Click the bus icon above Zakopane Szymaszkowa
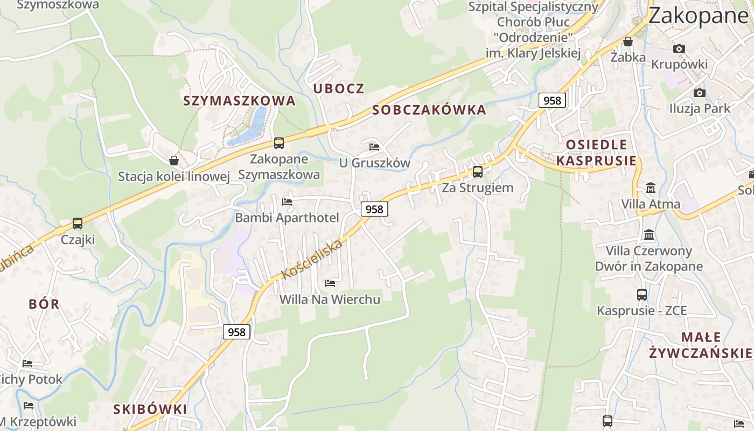[278, 143]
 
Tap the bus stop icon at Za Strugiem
[477, 172]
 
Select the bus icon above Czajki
[78, 224]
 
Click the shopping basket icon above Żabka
[627, 41]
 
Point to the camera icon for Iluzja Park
[699, 93]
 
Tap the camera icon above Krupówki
[679, 48]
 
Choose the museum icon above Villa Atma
[651, 189]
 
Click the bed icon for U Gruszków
[374, 147]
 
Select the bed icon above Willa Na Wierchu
[330, 283]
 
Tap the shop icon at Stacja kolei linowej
[174, 161]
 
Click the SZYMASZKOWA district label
[239, 101]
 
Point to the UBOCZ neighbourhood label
[339, 89]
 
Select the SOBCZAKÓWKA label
[429, 110]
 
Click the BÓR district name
[44, 304]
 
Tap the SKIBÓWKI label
[150, 409]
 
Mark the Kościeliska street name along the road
[312, 260]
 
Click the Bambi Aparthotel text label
[287, 218]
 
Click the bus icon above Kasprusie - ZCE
[641, 295]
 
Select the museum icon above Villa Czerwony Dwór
[649, 235]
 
